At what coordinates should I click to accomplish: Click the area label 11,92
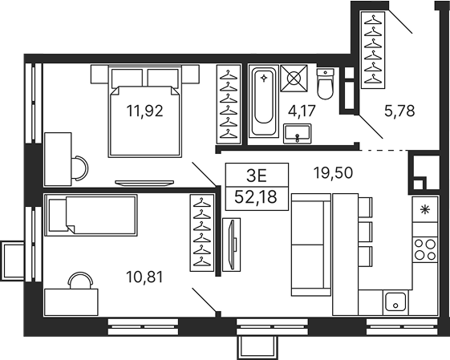coord(144,111)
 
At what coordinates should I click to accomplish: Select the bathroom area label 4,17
coord(302,111)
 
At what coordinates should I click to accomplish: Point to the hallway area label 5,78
coord(399,111)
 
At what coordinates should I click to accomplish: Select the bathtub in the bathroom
coord(262,103)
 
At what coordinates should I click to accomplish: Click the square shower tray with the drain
coord(294,81)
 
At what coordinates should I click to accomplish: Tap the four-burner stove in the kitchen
coord(425,249)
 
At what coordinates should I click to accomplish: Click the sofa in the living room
coord(310,244)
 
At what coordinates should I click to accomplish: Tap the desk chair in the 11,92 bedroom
coord(79,166)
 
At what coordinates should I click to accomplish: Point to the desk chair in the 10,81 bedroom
coord(80,281)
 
